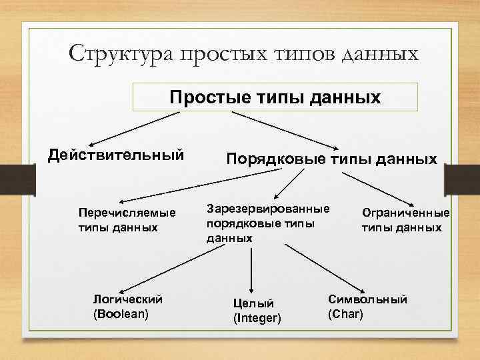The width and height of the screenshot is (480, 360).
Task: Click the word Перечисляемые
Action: tap(127, 213)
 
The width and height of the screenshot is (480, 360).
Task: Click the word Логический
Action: tap(127, 299)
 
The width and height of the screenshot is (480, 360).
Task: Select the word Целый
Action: tap(253, 304)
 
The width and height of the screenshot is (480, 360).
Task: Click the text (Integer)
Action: tap(257, 319)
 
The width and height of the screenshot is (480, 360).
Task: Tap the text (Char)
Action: tap(345, 313)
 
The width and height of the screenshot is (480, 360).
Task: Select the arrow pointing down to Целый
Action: tap(251, 267)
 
